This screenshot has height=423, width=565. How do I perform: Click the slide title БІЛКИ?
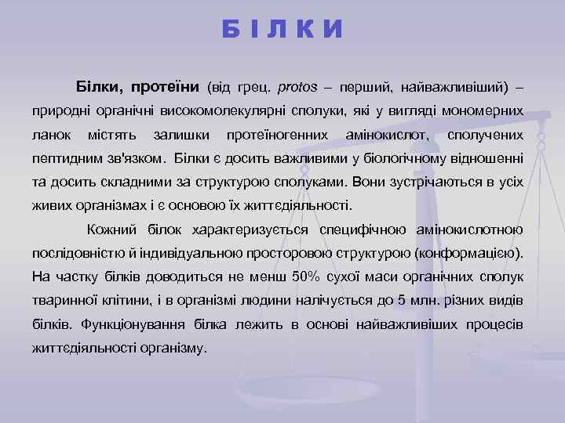click(x=282, y=29)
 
